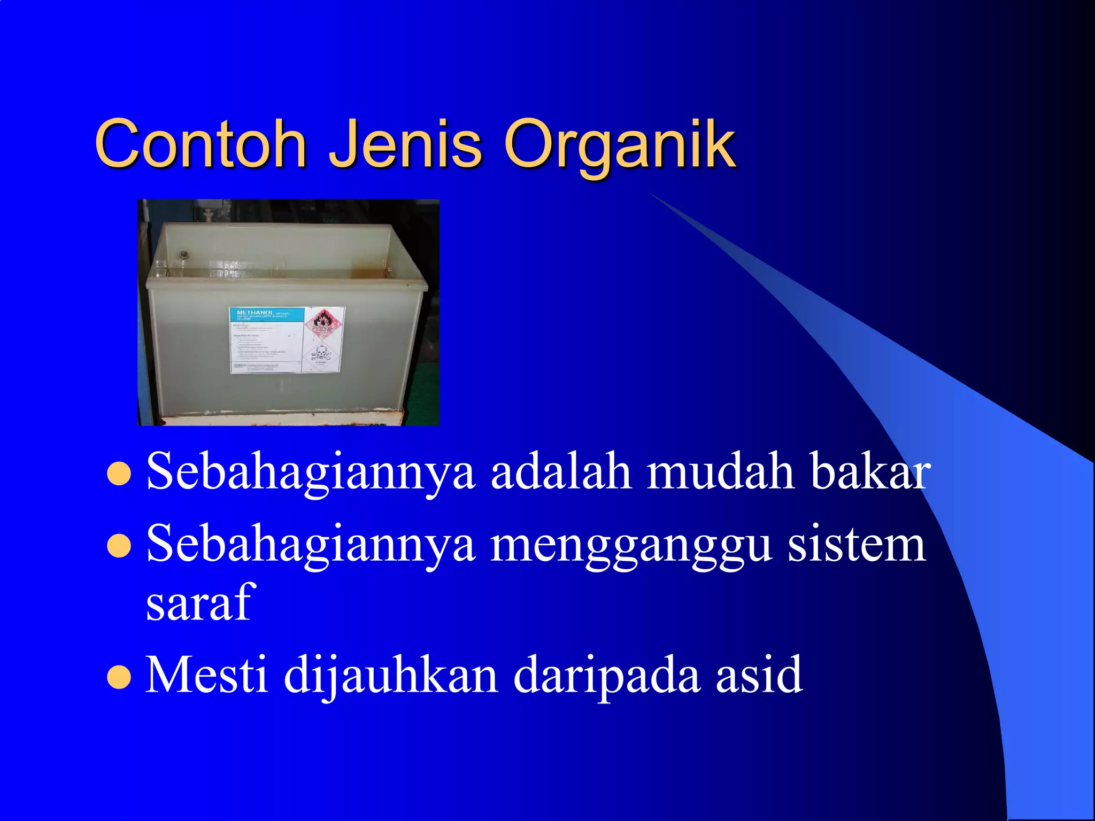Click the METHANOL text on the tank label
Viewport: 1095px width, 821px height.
click(x=255, y=312)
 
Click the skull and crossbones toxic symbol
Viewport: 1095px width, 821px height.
click(x=321, y=353)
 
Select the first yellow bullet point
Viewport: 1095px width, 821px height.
click(x=119, y=473)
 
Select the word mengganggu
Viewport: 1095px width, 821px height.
click(x=631, y=545)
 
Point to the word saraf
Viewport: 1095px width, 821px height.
click(x=198, y=603)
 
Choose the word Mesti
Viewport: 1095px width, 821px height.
click(x=206, y=675)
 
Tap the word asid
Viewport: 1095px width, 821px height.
click(x=759, y=675)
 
